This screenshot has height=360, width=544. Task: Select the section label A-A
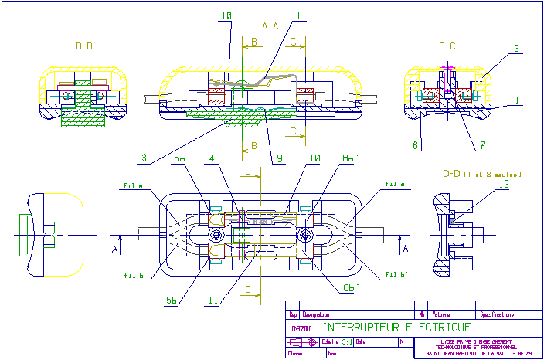pos(271,26)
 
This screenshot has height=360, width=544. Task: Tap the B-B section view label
pos(84,47)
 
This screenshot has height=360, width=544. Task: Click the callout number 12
pos(503,185)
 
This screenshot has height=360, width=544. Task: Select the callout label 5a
pos(180,158)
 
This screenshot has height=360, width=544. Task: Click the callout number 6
pos(415,144)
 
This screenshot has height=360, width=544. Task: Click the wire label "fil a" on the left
pos(131,185)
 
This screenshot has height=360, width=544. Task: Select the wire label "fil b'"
pos(399,273)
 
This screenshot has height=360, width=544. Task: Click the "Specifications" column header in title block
pos(499,314)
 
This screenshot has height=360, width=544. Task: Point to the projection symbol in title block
pos(304,341)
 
